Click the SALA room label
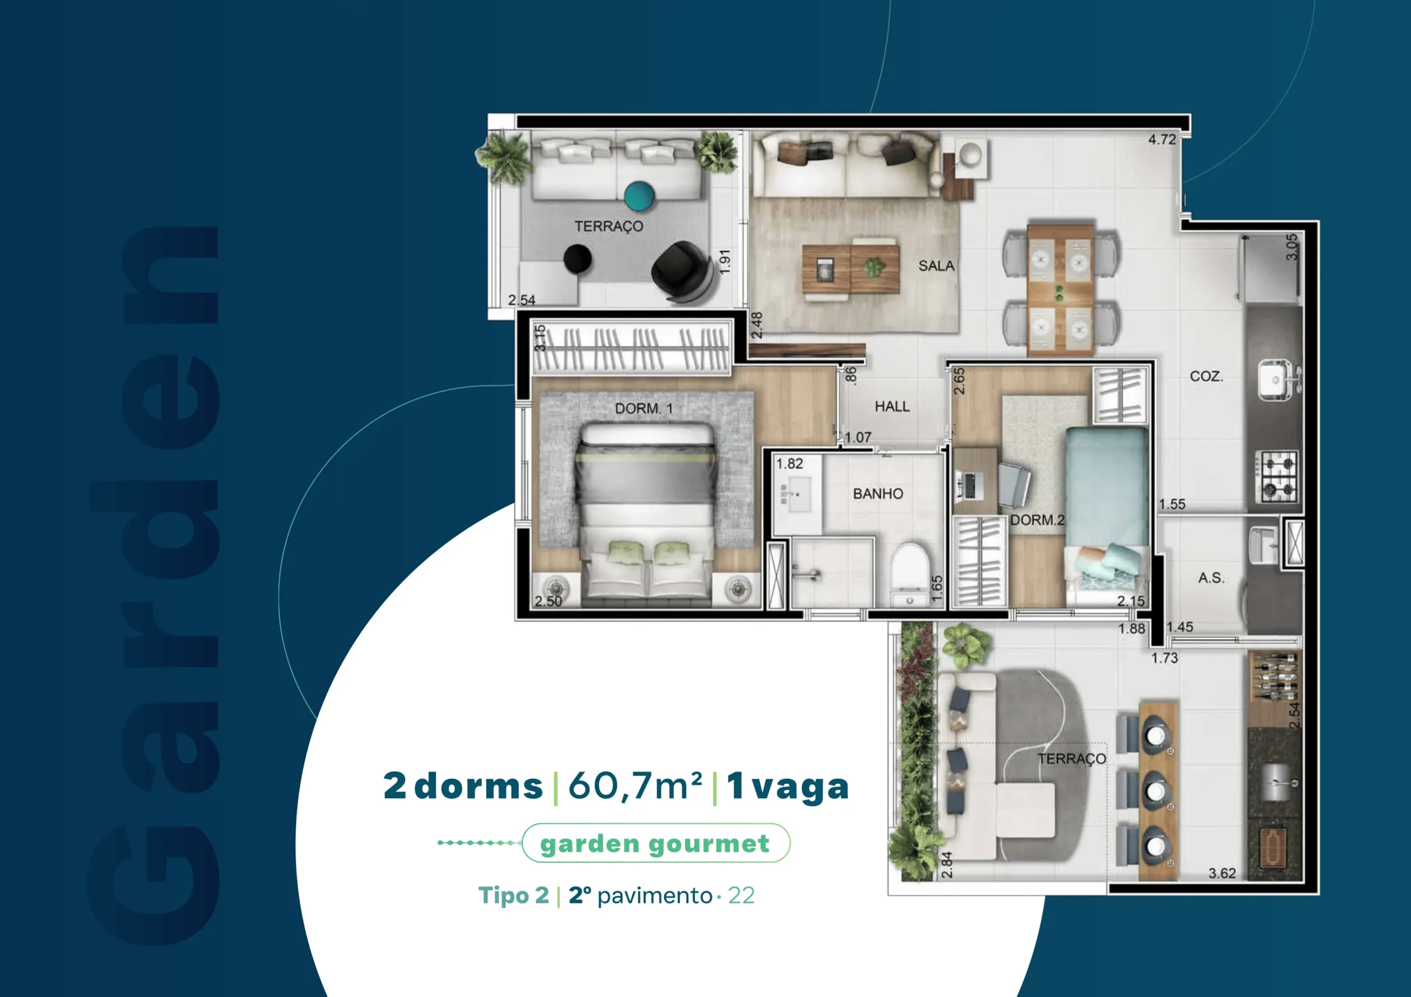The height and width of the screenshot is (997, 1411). [936, 266]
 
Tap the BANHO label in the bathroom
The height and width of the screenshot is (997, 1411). [877, 494]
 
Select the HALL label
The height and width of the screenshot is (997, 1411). [892, 407]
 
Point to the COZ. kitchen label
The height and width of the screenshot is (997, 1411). [1207, 376]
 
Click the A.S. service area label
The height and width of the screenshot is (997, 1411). [1211, 578]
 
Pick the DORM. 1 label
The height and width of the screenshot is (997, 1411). [643, 409]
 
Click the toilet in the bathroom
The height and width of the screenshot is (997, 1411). [909, 575]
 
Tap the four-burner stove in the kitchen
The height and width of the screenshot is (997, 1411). [1277, 475]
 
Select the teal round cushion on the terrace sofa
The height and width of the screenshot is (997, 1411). [639, 196]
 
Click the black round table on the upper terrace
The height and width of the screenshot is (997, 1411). [577, 259]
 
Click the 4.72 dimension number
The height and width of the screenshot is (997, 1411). [1161, 140]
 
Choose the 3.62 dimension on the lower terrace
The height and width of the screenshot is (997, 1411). [1222, 873]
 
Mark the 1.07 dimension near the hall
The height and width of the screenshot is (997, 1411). [858, 437]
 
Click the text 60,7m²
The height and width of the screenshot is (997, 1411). [635, 786]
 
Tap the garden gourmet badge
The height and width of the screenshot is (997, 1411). [656, 843]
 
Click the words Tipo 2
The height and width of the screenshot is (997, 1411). [513, 896]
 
